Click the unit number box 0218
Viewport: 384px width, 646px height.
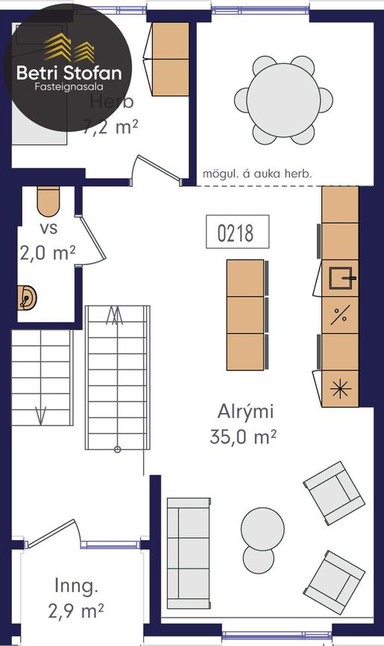(x=238, y=232)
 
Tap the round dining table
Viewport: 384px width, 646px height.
(x=284, y=100)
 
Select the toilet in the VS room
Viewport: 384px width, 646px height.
(x=48, y=201)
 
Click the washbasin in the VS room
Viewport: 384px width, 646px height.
(x=27, y=297)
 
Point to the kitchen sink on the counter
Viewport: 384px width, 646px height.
(x=341, y=278)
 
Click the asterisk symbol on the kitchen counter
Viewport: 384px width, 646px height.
(x=341, y=389)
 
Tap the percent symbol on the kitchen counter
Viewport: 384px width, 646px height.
(x=341, y=315)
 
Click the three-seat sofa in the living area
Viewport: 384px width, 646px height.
(x=189, y=554)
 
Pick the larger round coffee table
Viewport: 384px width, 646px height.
(x=262, y=529)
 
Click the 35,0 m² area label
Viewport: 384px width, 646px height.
(x=242, y=437)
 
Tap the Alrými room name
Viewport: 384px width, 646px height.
(x=245, y=412)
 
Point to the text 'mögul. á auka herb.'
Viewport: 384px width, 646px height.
(x=257, y=174)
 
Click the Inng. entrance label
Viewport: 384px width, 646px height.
(x=76, y=586)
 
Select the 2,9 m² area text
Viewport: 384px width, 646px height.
(x=76, y=611)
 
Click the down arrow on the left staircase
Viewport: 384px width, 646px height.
(x=40, y=415)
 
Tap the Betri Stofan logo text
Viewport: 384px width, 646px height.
(x=69, y=73)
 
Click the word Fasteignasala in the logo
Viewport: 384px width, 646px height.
(x=69, y=87)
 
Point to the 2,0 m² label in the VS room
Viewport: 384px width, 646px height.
(x=48, y=253)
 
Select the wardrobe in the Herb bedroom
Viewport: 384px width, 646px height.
(x=170, y=60)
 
